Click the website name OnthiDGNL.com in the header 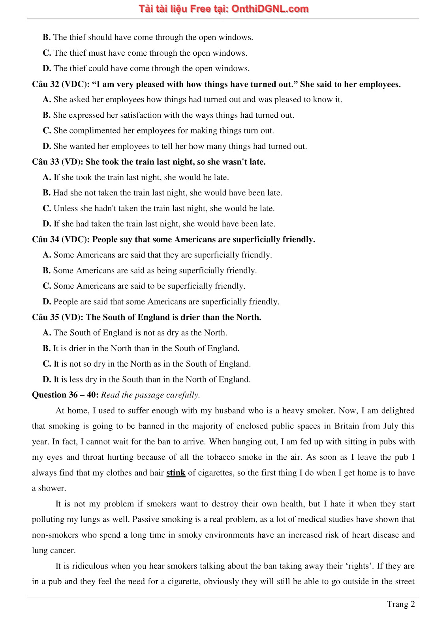coord(270,9)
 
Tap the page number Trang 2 coord(401,604)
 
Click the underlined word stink coord(176,473)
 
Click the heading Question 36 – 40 coord(65,395)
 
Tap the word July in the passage coord(390,426)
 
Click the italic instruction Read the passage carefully coord(150,395)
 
